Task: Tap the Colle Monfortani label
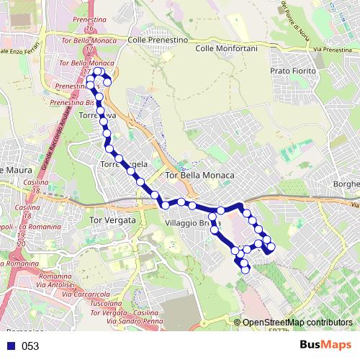click(225, 48)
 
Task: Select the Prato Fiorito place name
click(293, 72)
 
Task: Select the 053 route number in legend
click(30, 346)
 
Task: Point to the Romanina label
click(55, 276)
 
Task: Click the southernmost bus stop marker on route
click(246, 269)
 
